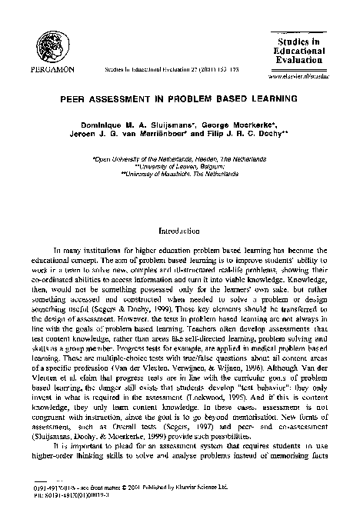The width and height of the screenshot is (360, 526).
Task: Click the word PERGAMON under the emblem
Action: click(52, 68)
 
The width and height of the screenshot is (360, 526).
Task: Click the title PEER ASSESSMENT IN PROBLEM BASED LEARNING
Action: click(179, 99)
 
